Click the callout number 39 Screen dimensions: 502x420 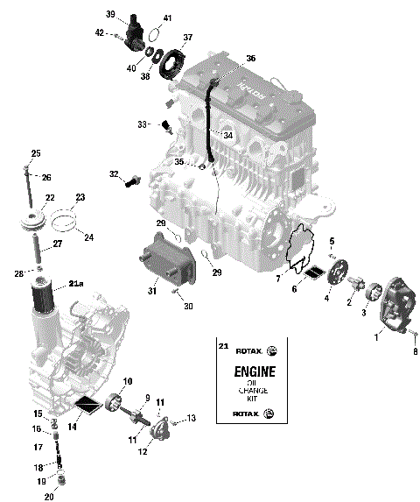111,15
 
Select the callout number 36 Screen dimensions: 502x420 250,58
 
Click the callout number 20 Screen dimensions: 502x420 49,497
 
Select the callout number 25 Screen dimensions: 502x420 36,153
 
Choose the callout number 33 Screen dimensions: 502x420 143,124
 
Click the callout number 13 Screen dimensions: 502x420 192,418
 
